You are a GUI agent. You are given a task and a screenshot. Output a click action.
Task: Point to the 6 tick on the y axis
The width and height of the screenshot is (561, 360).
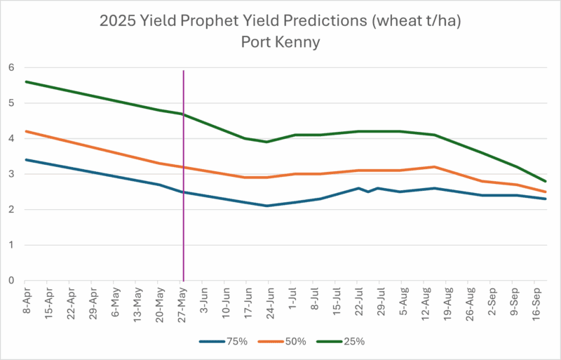pyautogui.click(x=11, y=67)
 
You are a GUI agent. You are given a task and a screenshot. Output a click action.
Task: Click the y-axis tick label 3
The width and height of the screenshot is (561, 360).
pyautogui.click(x=11, y=174)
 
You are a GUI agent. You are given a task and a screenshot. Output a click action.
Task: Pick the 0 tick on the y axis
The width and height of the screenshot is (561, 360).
pyautogui.click(x=11, y=281)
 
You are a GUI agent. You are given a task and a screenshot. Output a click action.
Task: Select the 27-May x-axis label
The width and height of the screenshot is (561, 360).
pyautogui.click(x=181, y=300)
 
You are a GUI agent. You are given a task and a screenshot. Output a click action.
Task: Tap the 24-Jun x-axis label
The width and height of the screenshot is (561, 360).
pyautogui.click(x=269, y=300)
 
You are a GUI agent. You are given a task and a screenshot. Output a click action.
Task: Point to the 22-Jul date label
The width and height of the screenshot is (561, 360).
pyautogui.click(x=357, y=300)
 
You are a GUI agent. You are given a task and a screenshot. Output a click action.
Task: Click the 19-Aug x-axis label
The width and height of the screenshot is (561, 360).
pyautogui.click(x=445, y=300)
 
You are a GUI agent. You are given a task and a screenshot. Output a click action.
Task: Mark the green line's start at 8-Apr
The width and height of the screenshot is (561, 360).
pyautogui.click(x=26, y=81)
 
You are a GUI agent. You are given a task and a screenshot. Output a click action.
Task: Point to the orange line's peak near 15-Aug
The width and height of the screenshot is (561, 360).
pyautogui.click(x=435, y=167)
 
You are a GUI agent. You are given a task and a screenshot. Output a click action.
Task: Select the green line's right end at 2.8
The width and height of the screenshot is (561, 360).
pyautogui.click(x=546, y=181)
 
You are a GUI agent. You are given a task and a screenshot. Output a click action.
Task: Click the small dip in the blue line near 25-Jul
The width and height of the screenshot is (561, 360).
pyautogui.click(x=368, y=192)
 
